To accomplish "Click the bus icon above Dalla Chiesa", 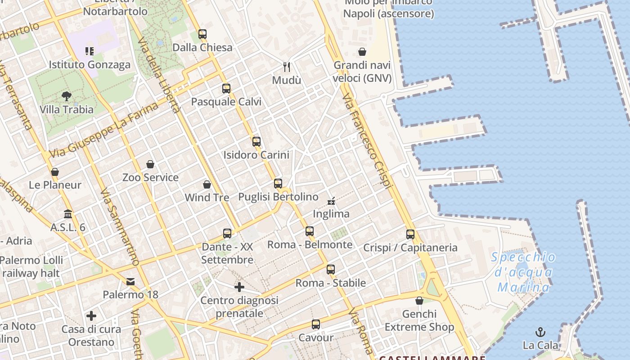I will coord(202,34).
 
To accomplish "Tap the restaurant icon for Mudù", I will coord(287,67).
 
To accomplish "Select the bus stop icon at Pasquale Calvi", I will coord(226,89).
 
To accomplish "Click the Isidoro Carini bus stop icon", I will coord(256,142).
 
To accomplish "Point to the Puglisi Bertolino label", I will coord(278,197).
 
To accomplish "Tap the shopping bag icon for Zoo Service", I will coord(150,164).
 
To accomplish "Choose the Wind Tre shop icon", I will coord(207,184).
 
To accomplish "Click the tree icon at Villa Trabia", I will coord(67,96).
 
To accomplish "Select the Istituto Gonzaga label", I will coord(90,64).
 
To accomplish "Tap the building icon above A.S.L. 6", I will coord(68,214).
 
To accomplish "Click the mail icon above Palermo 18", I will coord(130,282).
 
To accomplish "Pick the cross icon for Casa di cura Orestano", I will coord(91,316).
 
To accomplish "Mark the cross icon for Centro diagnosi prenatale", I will coord(239,287).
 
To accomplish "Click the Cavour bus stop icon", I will coord(316,324).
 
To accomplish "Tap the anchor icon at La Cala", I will coord(540,333).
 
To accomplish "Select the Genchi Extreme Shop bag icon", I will coord(419,301).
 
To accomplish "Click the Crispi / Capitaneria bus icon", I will coord(410,234).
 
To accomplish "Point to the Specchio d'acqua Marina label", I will coord(523,272).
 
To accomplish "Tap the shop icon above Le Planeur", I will coord(55,172).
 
